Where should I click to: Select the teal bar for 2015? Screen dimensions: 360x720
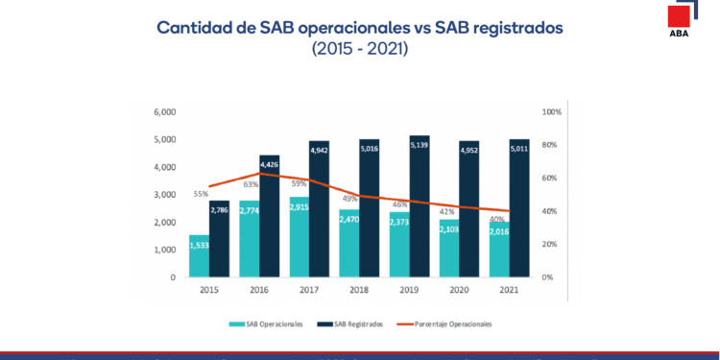tap(199, 255)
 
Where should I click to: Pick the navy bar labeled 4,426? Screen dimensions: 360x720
tap(269, 216)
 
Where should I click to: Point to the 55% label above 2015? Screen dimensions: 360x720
tap(201, 194)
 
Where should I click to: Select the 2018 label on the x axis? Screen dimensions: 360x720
tap(358, 289)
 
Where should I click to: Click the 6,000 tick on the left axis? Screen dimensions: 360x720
tap(166, 112)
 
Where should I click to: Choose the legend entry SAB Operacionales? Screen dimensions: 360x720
tap(270, 324)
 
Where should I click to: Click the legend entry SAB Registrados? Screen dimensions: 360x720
tap(359, 324)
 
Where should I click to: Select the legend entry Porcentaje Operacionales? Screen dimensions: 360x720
tap(454, 324)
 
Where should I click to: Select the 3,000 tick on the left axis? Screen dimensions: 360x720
tap(166, 195)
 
